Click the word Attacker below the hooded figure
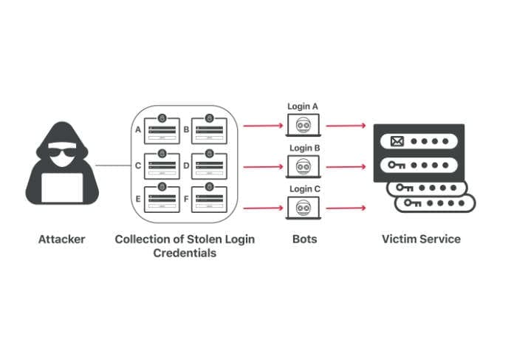(62, 239)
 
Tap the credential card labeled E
(162, 199)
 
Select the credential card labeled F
(209, 199)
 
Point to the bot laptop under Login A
(304, 126)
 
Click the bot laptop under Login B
(304, 168)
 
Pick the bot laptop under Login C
(304, 208)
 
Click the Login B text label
(304, 148)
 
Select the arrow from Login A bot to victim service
(346, 126)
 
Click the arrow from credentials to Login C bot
(263, 208)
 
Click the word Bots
(304, 239)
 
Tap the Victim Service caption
(421, 239)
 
